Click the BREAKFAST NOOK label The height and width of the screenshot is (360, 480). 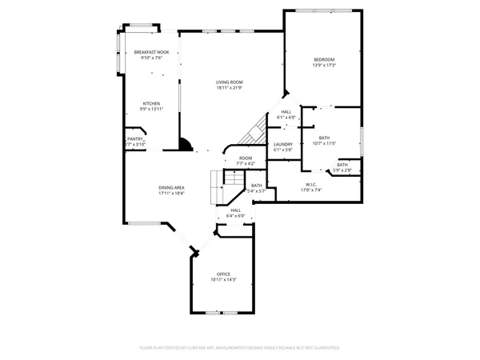point(151,52)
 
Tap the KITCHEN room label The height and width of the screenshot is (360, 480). point(151,103)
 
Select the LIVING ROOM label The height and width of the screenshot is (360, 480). point(229,82)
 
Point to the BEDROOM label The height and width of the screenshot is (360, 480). point(323,60)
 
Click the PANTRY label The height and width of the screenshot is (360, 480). point(134,139)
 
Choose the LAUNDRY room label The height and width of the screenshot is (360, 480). point(283,144)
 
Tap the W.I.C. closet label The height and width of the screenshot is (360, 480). point(310,185)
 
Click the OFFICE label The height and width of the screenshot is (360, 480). point(223,274)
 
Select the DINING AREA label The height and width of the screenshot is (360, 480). point(172,188)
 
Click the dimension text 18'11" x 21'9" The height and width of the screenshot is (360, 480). point(229,87)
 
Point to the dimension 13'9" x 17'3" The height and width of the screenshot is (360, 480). point(323,66)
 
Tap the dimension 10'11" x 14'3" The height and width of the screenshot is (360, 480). point(223,280)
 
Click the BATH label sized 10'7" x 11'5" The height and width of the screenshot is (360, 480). point(324,138)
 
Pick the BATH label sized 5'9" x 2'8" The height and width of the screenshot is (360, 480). point(342,165)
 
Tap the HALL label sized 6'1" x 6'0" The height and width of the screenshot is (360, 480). point(286,112)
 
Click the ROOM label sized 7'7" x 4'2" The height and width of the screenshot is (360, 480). point(246,158)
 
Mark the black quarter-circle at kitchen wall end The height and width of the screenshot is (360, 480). point(185,145)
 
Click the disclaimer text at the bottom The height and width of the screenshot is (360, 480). point(240,348)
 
